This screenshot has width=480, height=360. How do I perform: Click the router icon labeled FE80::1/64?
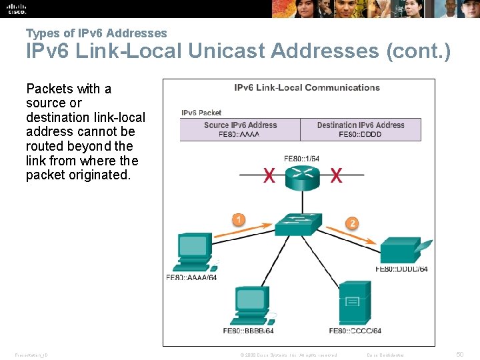tap(303, 177)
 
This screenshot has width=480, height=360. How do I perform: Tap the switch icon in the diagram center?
tap(299, 224)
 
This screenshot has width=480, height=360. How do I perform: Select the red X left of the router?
tap(269, 176)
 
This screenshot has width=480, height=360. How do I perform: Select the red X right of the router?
tap(336, 176)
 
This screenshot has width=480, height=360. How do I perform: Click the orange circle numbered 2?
tap(353, 223)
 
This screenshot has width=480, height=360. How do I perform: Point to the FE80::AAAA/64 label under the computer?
tap(191, 277)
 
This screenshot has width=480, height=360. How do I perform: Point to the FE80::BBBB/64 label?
tap(248, 331)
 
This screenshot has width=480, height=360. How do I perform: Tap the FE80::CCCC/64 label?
tap(355, 331)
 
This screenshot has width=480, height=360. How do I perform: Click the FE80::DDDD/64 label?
tap(401, 269)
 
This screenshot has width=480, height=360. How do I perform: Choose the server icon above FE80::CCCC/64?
tap(354, 303)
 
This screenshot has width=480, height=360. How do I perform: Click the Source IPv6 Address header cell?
tap(240, 125)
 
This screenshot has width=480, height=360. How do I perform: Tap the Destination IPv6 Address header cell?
tap(361, 125)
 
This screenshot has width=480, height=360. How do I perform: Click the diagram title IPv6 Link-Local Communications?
tap(307, 87)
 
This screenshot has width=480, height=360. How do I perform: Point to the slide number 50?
tap(459, 355)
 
